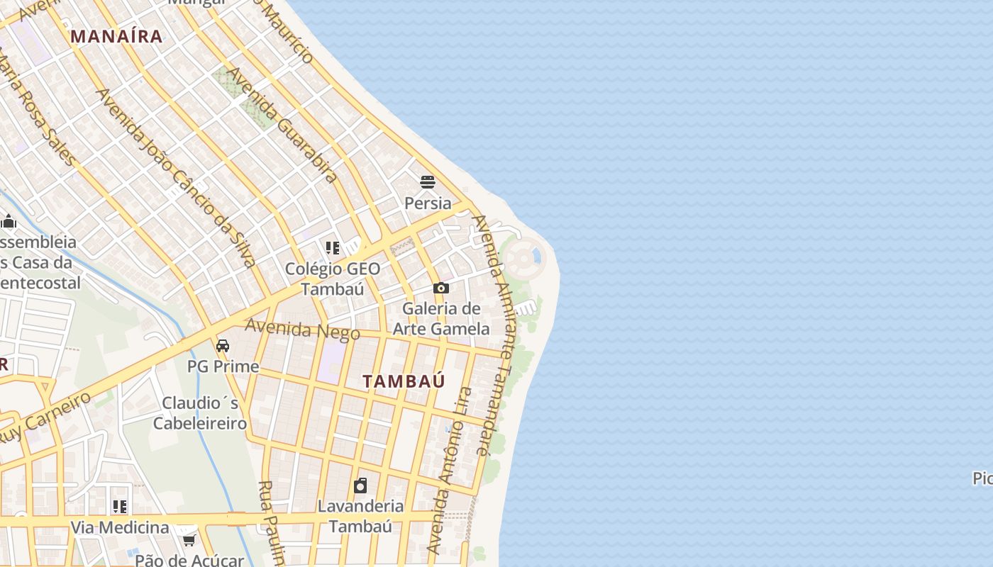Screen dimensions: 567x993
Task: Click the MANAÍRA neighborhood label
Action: (116, 36)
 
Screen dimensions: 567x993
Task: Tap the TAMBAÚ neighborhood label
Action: (404, 381)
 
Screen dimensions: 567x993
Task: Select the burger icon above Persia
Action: (427, 182)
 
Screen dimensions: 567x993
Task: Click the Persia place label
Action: (428, 203)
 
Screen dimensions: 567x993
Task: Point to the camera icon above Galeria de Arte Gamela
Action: (441, 288)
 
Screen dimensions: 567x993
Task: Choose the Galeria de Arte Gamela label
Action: (441, 319)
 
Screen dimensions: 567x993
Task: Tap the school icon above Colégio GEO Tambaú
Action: (333, 248)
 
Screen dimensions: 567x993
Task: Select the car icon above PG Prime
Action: (223, 346)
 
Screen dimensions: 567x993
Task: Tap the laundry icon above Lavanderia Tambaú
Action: (360, 485)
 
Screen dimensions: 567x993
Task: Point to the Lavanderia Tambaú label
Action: (360, 516)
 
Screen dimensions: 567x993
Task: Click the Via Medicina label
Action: (120, 527)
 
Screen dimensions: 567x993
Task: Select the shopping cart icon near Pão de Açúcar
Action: (189, 541)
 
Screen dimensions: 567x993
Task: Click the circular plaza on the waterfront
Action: (523, 259)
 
